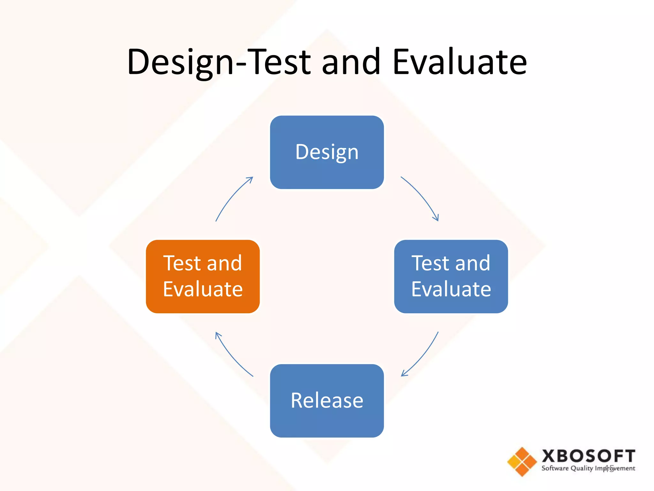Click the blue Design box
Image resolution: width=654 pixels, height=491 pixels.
[327, 152]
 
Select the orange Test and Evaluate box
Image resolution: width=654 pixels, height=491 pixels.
[202, 276]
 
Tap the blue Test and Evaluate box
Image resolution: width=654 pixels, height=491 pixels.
[451, 276]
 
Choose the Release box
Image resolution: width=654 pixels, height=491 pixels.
[327, 400]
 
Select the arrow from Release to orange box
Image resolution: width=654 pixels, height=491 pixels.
[231, 356]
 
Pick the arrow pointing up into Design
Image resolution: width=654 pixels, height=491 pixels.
[232, 197]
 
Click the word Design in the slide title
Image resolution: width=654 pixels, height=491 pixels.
[180, 62]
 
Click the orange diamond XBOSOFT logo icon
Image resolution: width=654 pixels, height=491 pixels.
[522, 462]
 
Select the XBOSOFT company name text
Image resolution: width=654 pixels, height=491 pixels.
[588, 456]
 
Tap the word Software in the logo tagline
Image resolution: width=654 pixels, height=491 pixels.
[555, 468]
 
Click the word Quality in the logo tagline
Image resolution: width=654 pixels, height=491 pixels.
[582, 468]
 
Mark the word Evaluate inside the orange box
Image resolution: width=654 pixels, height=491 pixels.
[202, 289]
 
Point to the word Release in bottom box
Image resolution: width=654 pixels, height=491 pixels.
[327, 400]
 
